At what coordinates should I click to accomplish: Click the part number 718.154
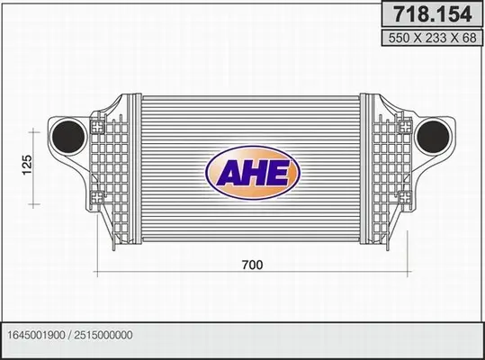[x=433, y=13]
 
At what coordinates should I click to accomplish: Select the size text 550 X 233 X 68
[x=433, y=38]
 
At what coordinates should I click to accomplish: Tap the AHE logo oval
[x=253, y=172]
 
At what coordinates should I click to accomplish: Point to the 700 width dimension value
[x=252, y=265]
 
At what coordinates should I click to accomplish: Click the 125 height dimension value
[x=27, y=165]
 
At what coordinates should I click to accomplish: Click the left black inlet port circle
[x=68, y=137]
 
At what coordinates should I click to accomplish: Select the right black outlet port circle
[x=433, y=137]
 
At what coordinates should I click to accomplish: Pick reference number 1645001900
[x=36, y=335]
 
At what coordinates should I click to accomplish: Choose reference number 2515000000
[x=103, y=335]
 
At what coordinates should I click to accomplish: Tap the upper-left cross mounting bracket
[x=98, y=127]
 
